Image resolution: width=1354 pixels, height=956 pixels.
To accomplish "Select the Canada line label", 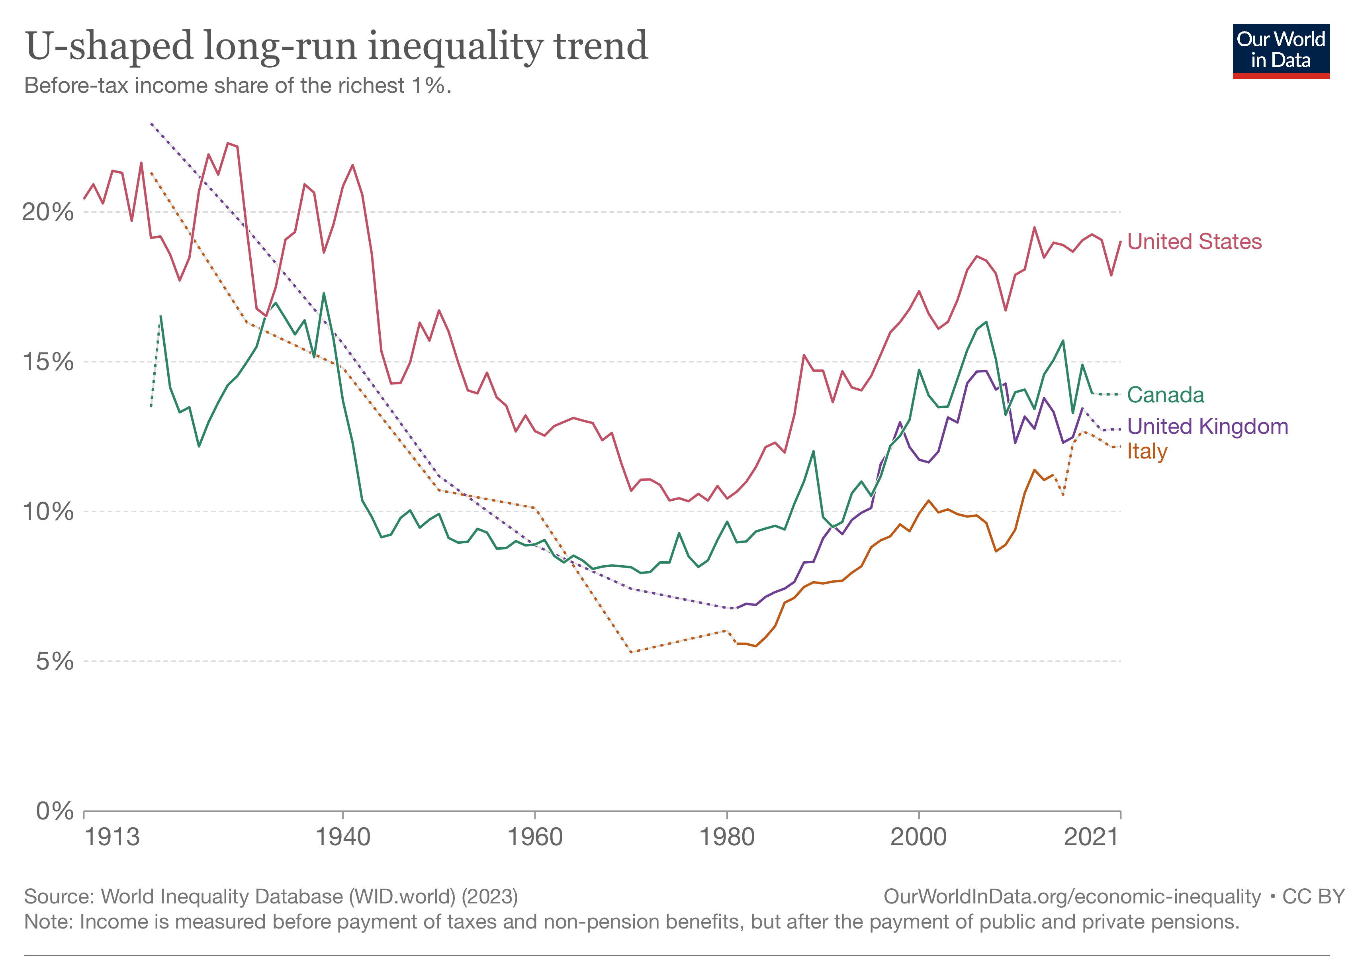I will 1165,394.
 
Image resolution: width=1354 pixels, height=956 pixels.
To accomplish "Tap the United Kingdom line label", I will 1207,426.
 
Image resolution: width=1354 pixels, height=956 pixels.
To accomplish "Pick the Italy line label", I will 1147,451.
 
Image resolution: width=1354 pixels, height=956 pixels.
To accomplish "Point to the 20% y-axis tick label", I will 48,212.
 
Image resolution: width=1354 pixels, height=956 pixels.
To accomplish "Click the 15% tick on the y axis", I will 48,362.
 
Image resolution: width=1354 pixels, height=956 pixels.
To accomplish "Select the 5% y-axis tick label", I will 54,661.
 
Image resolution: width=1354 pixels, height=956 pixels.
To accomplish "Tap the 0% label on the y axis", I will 54,811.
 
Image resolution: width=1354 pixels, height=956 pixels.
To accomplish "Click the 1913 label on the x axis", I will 112,836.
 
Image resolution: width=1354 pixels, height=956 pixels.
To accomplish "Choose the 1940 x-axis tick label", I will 342,836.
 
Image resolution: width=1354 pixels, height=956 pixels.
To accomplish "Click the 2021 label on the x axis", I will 1091,836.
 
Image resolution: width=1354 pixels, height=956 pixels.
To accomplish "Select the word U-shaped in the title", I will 110,46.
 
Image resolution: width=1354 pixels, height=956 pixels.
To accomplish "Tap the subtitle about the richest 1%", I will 238,86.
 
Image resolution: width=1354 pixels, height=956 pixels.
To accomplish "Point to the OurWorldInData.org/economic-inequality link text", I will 1072,896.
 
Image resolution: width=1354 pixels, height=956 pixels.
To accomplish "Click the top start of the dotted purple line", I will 152,124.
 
